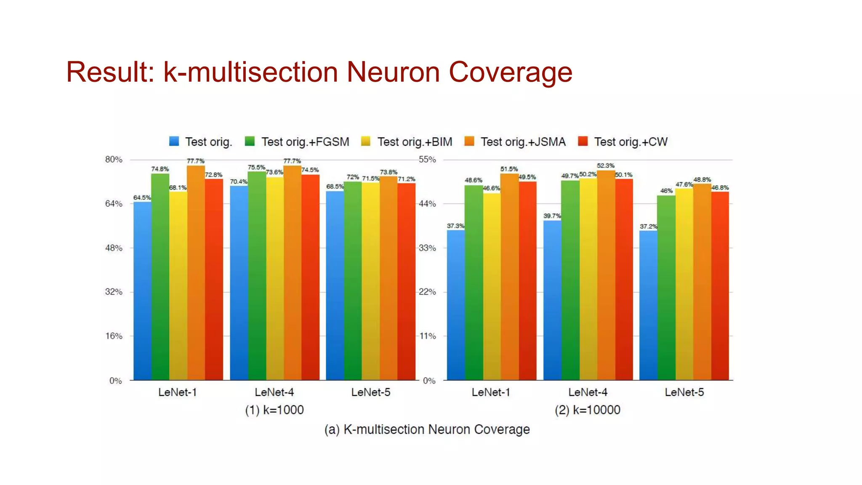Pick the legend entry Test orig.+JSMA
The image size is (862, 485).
pyautogui.click(x=516, y=142)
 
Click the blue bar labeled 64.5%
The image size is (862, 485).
pyautogui.click(x=142, y=290)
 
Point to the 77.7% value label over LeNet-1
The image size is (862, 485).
pyautogui.click(x=195, y=161)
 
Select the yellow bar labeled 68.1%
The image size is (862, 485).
pyautogui.click(x=178, y=286)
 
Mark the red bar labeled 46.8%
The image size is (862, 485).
pyautogui.click(x=720, y=286)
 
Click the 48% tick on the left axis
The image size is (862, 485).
pyautogui.click(x=114, y=248)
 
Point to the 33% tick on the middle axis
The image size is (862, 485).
pyautogui.click(x=427, y=248)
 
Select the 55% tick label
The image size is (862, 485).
pyautogui.click(x=427, y=160)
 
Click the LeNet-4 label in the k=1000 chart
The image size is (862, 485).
pyautogui.click(x=274, y=392)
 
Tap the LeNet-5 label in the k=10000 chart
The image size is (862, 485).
pyautogui.click(x=684, y=392)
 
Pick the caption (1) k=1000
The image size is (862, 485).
pyautogui.click(x=274, y=410)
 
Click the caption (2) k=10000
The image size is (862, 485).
pyautogui.click(x=588, y=410)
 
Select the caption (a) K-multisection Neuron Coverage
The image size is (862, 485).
pyautogui.click(x=427, y=429)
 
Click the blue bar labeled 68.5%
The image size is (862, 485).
pyautogui.click(x=335, y=286)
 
